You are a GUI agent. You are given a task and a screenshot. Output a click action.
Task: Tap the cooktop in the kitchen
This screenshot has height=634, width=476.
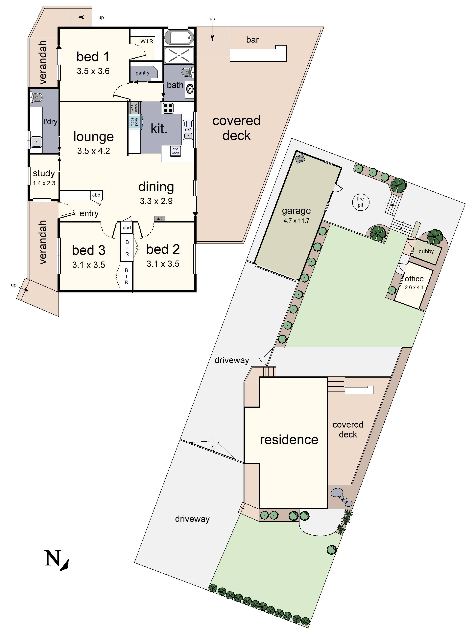(168, 108)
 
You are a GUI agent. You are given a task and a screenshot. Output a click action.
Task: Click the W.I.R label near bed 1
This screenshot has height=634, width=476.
(147, 41)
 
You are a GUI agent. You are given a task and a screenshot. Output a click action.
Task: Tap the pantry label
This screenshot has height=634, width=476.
(142, 73)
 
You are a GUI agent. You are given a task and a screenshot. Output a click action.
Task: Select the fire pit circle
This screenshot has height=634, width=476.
(360, 202)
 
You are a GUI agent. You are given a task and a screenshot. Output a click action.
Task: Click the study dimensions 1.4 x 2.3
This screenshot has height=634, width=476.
(44, 183)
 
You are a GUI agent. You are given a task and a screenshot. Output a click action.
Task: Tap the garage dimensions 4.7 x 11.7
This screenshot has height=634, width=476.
(296, 220)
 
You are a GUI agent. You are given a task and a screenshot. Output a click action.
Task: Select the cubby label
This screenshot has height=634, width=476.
(426, 251)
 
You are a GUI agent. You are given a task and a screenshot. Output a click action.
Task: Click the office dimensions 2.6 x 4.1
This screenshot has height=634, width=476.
(414, 287)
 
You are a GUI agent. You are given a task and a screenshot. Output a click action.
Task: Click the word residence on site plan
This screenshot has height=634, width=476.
(289, 440)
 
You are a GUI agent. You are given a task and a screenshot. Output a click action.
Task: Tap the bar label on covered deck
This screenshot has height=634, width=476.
(252, 40)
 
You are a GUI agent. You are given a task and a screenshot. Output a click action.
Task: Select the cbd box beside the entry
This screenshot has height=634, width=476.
(96, 195)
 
